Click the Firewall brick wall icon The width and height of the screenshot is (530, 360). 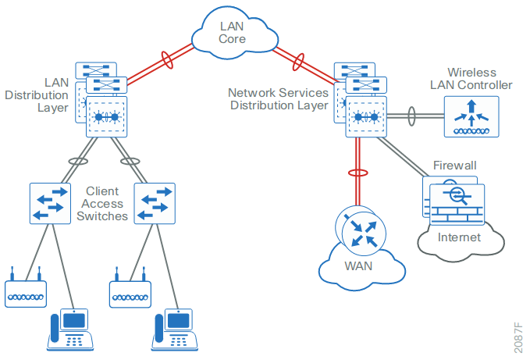point(457,205)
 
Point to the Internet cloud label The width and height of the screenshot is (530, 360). point(460,237)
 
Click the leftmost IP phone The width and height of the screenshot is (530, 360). point(72,330)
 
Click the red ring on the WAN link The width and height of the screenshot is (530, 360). point(357,173)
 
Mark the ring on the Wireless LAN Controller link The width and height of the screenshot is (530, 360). point(412,117)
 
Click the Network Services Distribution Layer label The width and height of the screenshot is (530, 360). point(278,98)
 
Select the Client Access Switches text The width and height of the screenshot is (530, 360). point(102,203)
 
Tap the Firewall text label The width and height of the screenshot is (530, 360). point(454,166)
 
